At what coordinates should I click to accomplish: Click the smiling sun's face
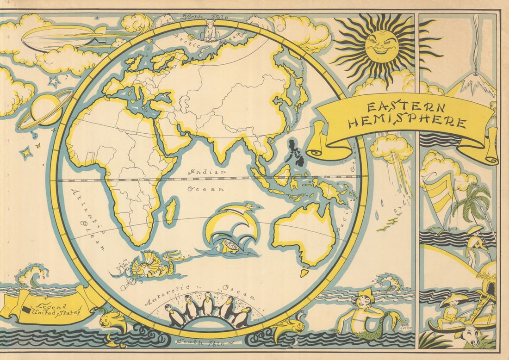[381, 46]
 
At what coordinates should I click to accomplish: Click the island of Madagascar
[171, 211]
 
